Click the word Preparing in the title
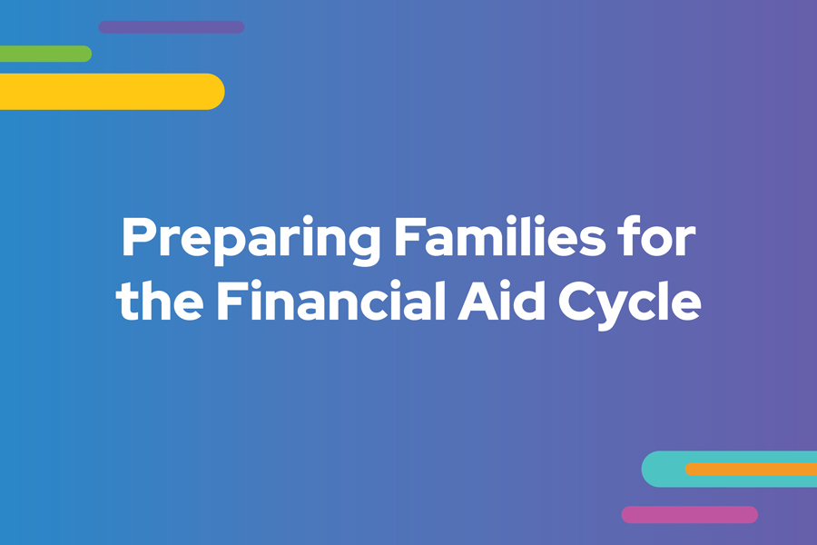click(251, 241)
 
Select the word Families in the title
click(500, 236)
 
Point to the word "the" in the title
click(160, 300)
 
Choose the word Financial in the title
click(330, 300)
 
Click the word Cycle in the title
click(629, 304)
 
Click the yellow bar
click(112, 91)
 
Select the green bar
click(46, 54)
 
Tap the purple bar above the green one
click(172, 27)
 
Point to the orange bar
click(751, 470)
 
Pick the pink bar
click(689, 515)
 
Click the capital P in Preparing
click(139, 236)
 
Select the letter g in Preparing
click(362, 245)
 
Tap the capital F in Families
click(409, 236)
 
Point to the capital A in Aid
click(477, 301)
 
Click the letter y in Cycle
click(616, 311)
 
